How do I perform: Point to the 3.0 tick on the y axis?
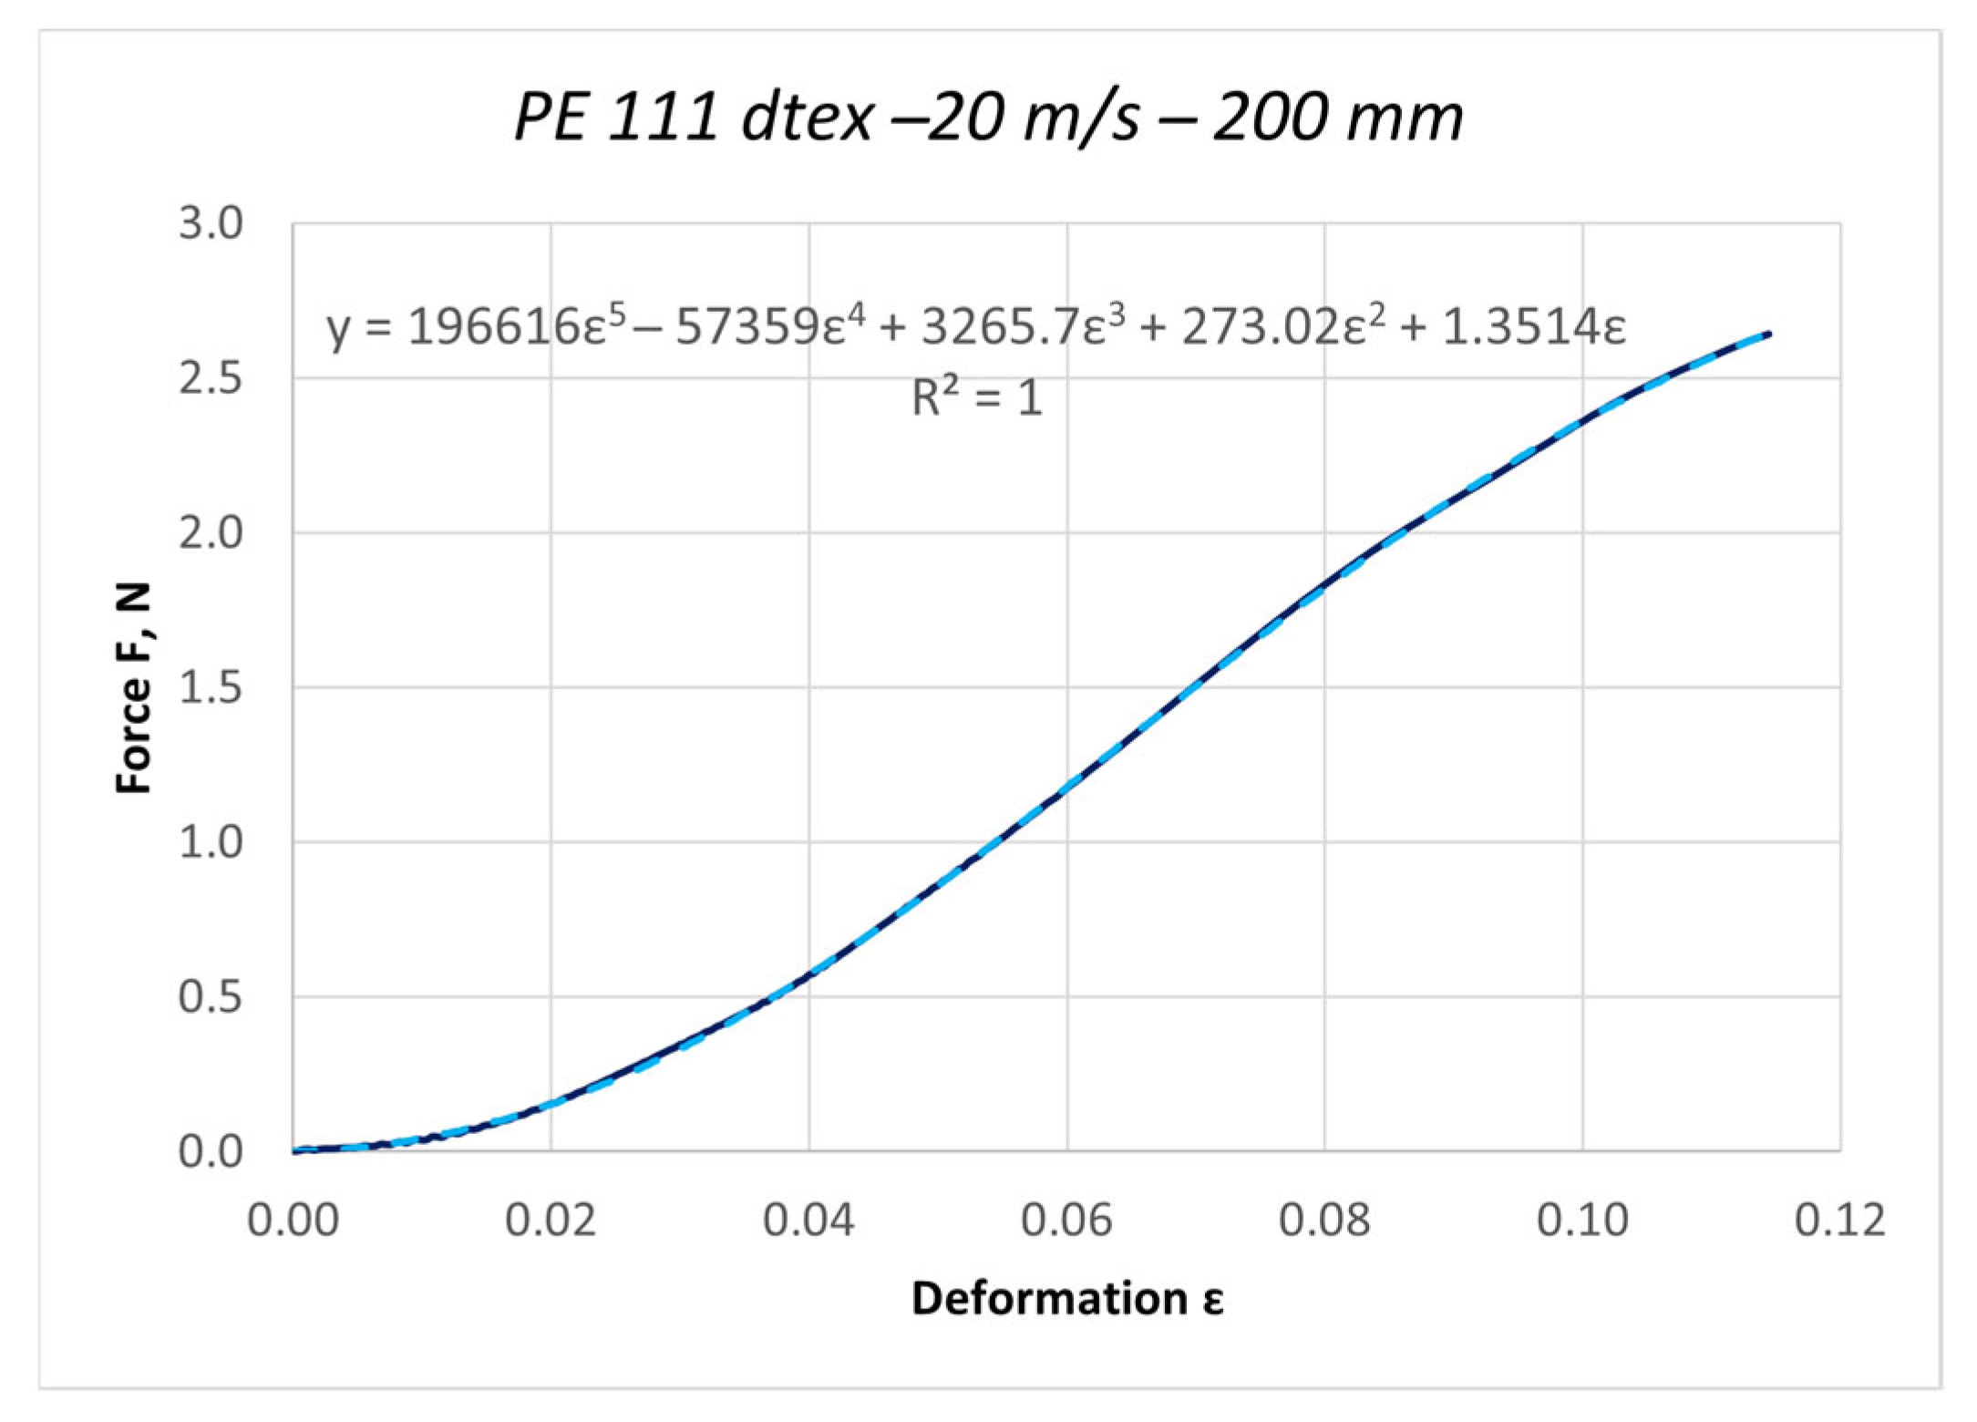pos(211,224)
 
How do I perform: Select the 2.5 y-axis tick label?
pos(211,379)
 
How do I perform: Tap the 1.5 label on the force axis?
pos(211,688)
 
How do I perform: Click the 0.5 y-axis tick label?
pos(211,997)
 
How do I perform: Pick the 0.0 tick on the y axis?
pos(211,1152)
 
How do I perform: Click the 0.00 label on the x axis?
pos(293,1220)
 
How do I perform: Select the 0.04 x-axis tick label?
pos(808,1220)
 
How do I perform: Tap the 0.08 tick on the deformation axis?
pos(1324,1220)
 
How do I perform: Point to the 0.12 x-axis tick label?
pos(1839,1220)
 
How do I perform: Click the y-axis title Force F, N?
pos(135,688)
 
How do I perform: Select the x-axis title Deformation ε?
pos(1066,1298)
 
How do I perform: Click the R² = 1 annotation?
pos(976,398)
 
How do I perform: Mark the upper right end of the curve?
pos(1769,334)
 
